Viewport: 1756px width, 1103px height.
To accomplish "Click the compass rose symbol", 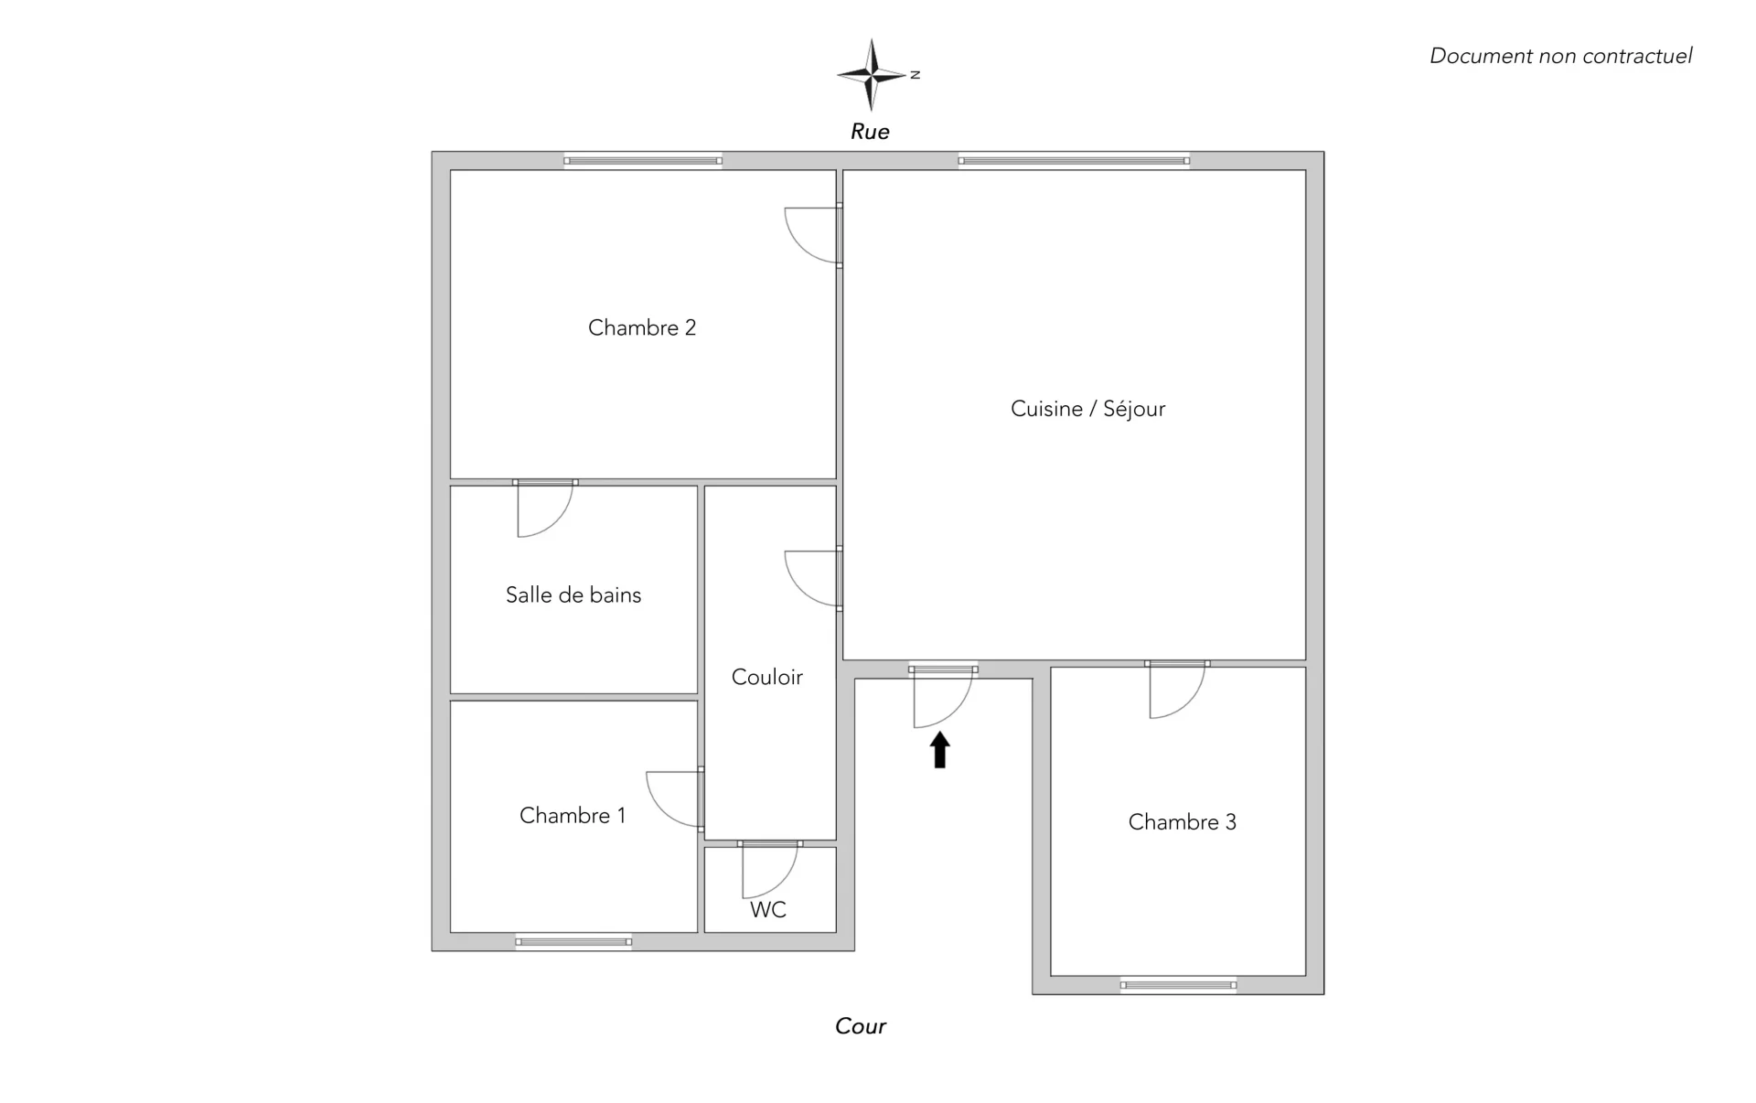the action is (x=873, y=74).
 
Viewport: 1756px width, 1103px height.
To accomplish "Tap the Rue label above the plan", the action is (x=870, y=132).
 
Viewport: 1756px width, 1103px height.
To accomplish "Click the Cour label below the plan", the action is (x=861, y=1026).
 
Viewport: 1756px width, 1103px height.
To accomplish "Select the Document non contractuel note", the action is (x=1560, y=56).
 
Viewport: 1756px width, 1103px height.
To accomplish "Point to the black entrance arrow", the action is (x=940, y=749).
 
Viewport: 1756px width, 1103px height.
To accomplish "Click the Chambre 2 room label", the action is (x=642, y=327).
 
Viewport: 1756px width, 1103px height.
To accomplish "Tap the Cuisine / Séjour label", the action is (x=1087, y=409).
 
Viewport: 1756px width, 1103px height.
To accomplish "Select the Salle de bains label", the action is (x=573, y=594).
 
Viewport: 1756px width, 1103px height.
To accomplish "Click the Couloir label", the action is (x=767, y=677).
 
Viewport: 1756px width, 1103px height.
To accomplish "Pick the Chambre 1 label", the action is (x=573, y=815).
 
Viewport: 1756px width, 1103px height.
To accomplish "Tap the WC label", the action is (x=768, y=909).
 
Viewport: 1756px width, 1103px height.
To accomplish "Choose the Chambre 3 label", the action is (x=1182, y=822).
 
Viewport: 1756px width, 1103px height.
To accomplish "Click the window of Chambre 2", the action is (x=643, y=161).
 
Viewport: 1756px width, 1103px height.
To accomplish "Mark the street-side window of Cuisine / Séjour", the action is (x=1074, y=161).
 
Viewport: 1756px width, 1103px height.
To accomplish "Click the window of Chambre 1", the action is (x=573, y=942).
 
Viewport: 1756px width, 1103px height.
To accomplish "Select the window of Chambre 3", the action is (x=1178, y=985).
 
